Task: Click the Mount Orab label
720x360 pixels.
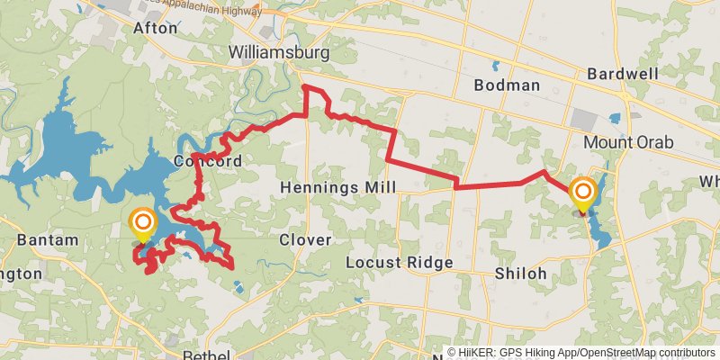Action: tap(627, 142)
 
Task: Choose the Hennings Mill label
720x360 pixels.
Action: tap(337, 187)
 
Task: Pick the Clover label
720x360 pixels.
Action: tap(305, 239)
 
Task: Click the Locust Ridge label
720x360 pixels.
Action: tap(399, 263)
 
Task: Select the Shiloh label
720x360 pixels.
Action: tap(521, 273)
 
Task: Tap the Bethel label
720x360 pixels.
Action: tap(207, 355)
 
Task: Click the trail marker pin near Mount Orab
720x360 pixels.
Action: tap(583, 193)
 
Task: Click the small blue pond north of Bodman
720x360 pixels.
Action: tap(494, 65)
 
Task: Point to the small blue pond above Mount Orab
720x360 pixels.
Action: tap(615, 118)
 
